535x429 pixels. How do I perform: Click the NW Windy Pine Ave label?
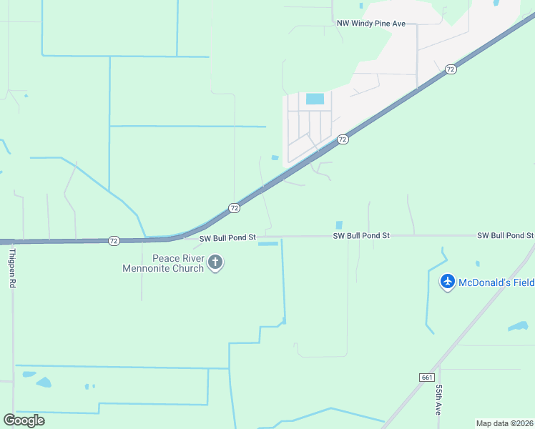coord(371,24)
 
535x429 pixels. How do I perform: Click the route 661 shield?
coord(427,377)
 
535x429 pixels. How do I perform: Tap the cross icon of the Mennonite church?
coord(215,263)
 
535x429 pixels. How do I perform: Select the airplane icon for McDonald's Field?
coord(448,282)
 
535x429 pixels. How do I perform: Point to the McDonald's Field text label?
coord(496,282)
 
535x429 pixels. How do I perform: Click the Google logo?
coord(24,420)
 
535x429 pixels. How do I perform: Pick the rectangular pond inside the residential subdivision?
coord(315,99)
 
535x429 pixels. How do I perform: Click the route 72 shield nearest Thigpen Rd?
coord(114,241)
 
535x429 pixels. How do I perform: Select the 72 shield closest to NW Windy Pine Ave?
coord(450,69)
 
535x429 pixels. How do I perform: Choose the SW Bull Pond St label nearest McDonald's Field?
coord(505,235)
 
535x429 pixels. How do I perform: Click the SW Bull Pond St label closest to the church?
coord(227,237)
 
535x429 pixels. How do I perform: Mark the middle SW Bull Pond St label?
coord(361,235)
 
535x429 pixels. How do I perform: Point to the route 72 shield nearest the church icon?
coord(234,207)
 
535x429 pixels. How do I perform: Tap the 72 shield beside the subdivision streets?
coord(343,139)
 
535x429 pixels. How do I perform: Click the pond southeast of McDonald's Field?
coord(518,326)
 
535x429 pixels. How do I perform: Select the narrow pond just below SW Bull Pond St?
coord(267,244)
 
